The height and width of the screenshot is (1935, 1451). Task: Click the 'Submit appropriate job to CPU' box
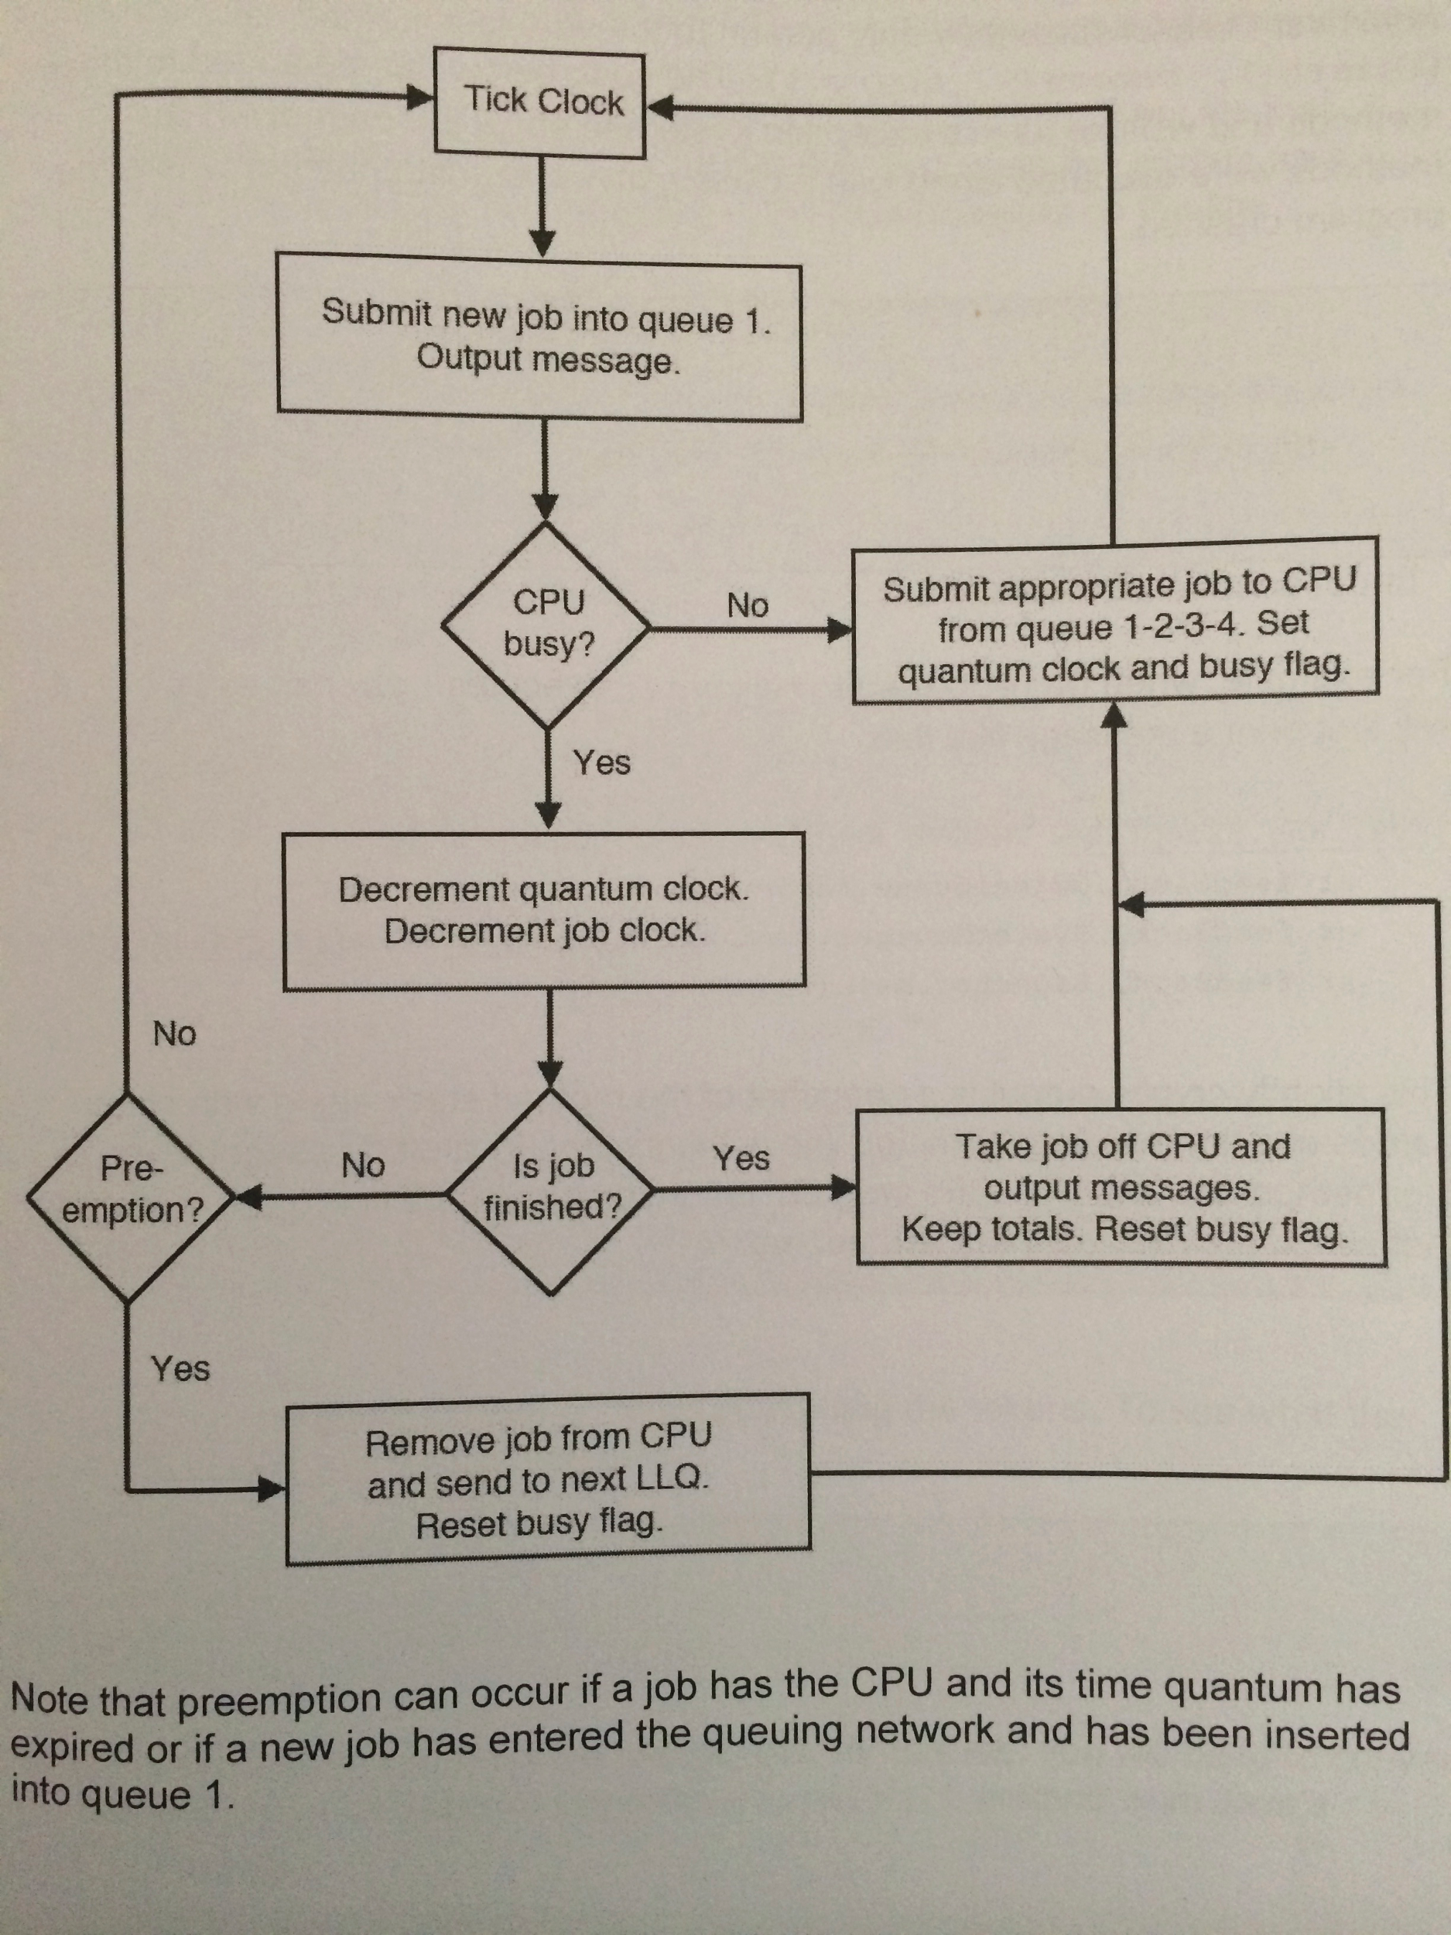(1116, 623)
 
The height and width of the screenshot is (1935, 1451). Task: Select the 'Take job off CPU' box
(1121, 1187)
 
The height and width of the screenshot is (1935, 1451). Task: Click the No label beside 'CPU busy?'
(748, 605)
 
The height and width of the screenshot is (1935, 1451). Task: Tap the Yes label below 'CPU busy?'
(602, 763)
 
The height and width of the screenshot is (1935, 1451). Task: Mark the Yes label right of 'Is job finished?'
(741, 1159)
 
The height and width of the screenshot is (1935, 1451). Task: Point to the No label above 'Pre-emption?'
(175, 1034)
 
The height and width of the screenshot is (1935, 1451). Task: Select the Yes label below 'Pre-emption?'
(180, 1369)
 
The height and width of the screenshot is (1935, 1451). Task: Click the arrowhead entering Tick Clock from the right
(658, 108)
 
